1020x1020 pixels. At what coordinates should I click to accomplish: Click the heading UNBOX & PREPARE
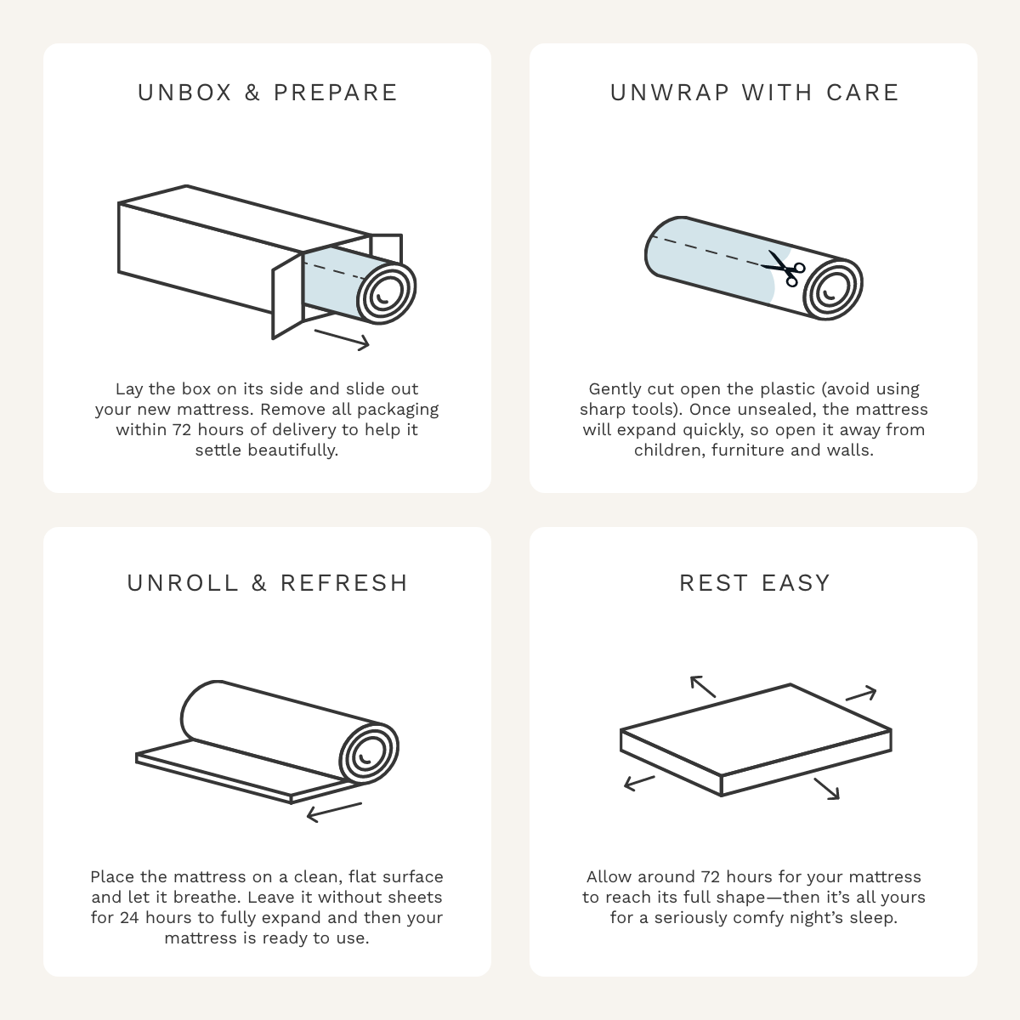[x=267, y=93]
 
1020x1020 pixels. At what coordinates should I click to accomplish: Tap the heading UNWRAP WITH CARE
[x=754, y=93]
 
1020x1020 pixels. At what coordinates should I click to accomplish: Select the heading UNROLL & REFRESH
[x=267, y=583]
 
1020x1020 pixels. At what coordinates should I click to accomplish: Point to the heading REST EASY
[x=754, y=583]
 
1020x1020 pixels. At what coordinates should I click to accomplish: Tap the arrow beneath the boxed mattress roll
[x=342, y=339]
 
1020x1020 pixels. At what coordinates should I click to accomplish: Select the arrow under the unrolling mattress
[x=334, y=812]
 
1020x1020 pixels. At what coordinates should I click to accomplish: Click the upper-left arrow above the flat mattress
[x=703, y=686]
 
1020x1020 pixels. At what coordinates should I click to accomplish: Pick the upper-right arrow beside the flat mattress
[x=860, y=694]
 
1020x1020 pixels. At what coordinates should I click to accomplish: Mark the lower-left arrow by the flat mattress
[x=639, y=782]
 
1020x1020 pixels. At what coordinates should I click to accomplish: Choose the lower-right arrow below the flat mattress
[x=826, y=788]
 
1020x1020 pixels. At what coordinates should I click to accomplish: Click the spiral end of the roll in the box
[x=386, y=293]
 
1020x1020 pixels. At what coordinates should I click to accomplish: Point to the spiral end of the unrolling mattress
[x=369, y=753]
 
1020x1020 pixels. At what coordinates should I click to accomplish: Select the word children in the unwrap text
[x=668, y=450]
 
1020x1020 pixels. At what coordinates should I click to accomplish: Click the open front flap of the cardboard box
[x=287, y=294]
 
